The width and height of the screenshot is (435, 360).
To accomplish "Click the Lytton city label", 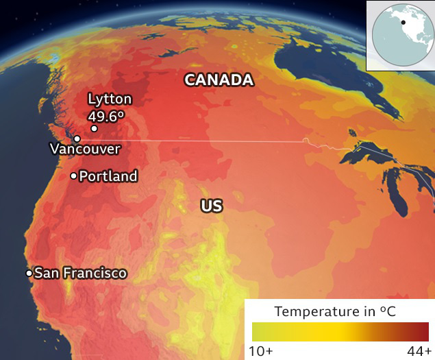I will tap(110, 99).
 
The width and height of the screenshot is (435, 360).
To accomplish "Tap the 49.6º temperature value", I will tap(106, 115).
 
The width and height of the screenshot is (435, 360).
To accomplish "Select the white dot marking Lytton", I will tap(94, 128).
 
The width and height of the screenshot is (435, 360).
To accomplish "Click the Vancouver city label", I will tap(85, 149).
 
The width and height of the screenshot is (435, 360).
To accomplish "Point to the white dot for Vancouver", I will tap(77, 139).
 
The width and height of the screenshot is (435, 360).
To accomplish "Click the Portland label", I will tap(108, 176).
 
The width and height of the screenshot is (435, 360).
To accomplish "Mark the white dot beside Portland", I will tap(73, 176).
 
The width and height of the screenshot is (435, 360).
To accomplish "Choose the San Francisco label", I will tap(80, 273).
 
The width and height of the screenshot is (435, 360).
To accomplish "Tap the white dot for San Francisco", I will tap(29, 273).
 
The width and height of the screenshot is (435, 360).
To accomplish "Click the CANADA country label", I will tap(219, 80).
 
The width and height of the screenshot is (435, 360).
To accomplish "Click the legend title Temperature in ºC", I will tap(335, 311).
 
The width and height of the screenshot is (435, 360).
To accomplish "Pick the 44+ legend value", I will tap(417, 351).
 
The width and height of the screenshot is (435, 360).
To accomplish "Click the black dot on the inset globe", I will tap(403, 22).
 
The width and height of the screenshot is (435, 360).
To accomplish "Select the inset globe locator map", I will tap(400, 35).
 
